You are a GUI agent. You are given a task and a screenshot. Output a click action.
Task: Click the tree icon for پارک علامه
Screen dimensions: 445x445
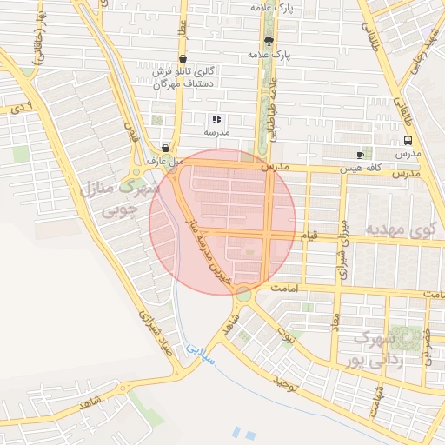click(x=268, y=41)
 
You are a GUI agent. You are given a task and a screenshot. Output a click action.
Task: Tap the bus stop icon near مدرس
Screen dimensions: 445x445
click(x=408, y=139)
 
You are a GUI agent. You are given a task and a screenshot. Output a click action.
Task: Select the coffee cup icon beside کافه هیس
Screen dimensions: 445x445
click(x=360, y=154)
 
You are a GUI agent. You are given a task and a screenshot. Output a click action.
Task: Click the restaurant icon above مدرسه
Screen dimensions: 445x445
click(x=216, y=119)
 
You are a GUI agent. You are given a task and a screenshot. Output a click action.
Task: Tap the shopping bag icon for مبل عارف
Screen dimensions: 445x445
click(x=165, y=149)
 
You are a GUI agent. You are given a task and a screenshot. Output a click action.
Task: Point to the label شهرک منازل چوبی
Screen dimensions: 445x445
click(x=122, y=198)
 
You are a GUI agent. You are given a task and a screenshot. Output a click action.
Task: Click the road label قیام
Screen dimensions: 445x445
click(x=309, y=235)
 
